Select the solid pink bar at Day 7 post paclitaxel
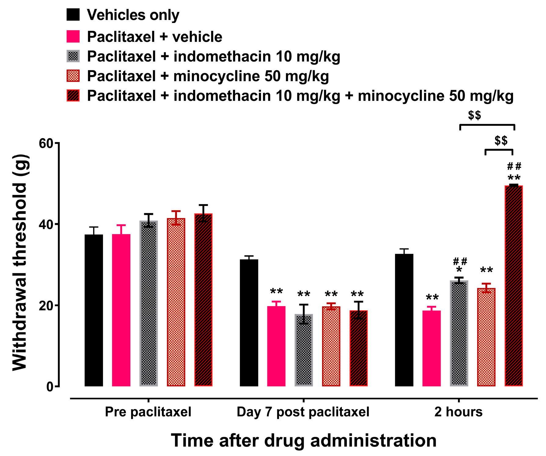[x=276, y=346]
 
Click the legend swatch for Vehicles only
[x=73, y=14]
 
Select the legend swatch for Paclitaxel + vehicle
[x=73, y=36]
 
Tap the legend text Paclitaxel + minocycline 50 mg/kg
[x=208, y=76]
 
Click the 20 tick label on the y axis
[x=46, y=305]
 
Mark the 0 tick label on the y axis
[x=49, y=387]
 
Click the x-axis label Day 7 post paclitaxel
[x=303, y=412]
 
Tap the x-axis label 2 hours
[x=458, y=412]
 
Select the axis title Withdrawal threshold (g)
[x=20, y=263]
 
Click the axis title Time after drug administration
[x=303, y=441]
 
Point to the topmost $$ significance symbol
[x=475, y=115]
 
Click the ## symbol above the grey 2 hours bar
[x=460, y=261]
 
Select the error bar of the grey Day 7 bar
[x=303, y=314]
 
